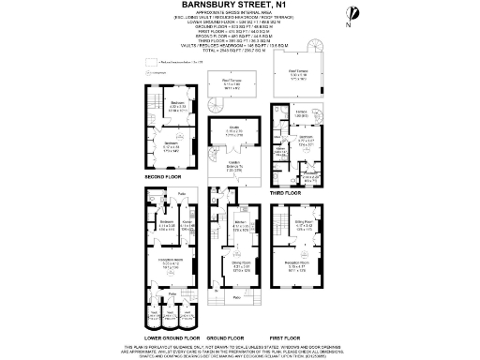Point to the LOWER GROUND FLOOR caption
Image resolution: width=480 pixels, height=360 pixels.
172,336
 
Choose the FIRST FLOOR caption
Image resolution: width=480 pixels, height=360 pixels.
289,336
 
